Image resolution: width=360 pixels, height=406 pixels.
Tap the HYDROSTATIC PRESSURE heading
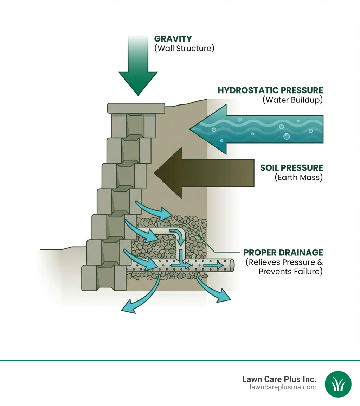point(270,90)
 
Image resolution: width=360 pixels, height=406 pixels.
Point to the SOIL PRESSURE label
point(291,167)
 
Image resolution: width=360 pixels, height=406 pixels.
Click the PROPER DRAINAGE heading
point(283,253)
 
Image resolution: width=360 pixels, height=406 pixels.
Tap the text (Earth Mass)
point(298,177)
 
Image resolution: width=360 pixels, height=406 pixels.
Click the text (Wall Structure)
point(184,48)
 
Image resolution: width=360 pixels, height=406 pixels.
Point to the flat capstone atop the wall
point(136,108)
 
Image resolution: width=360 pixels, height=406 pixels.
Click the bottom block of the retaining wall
point(104,278)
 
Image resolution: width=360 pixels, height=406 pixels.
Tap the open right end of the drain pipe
point(231,265)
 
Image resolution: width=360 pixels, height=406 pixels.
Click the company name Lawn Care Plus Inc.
point(279,379)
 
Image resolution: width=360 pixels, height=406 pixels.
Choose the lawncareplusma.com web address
point(282,387)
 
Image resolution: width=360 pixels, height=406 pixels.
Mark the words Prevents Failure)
point(290,272)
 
